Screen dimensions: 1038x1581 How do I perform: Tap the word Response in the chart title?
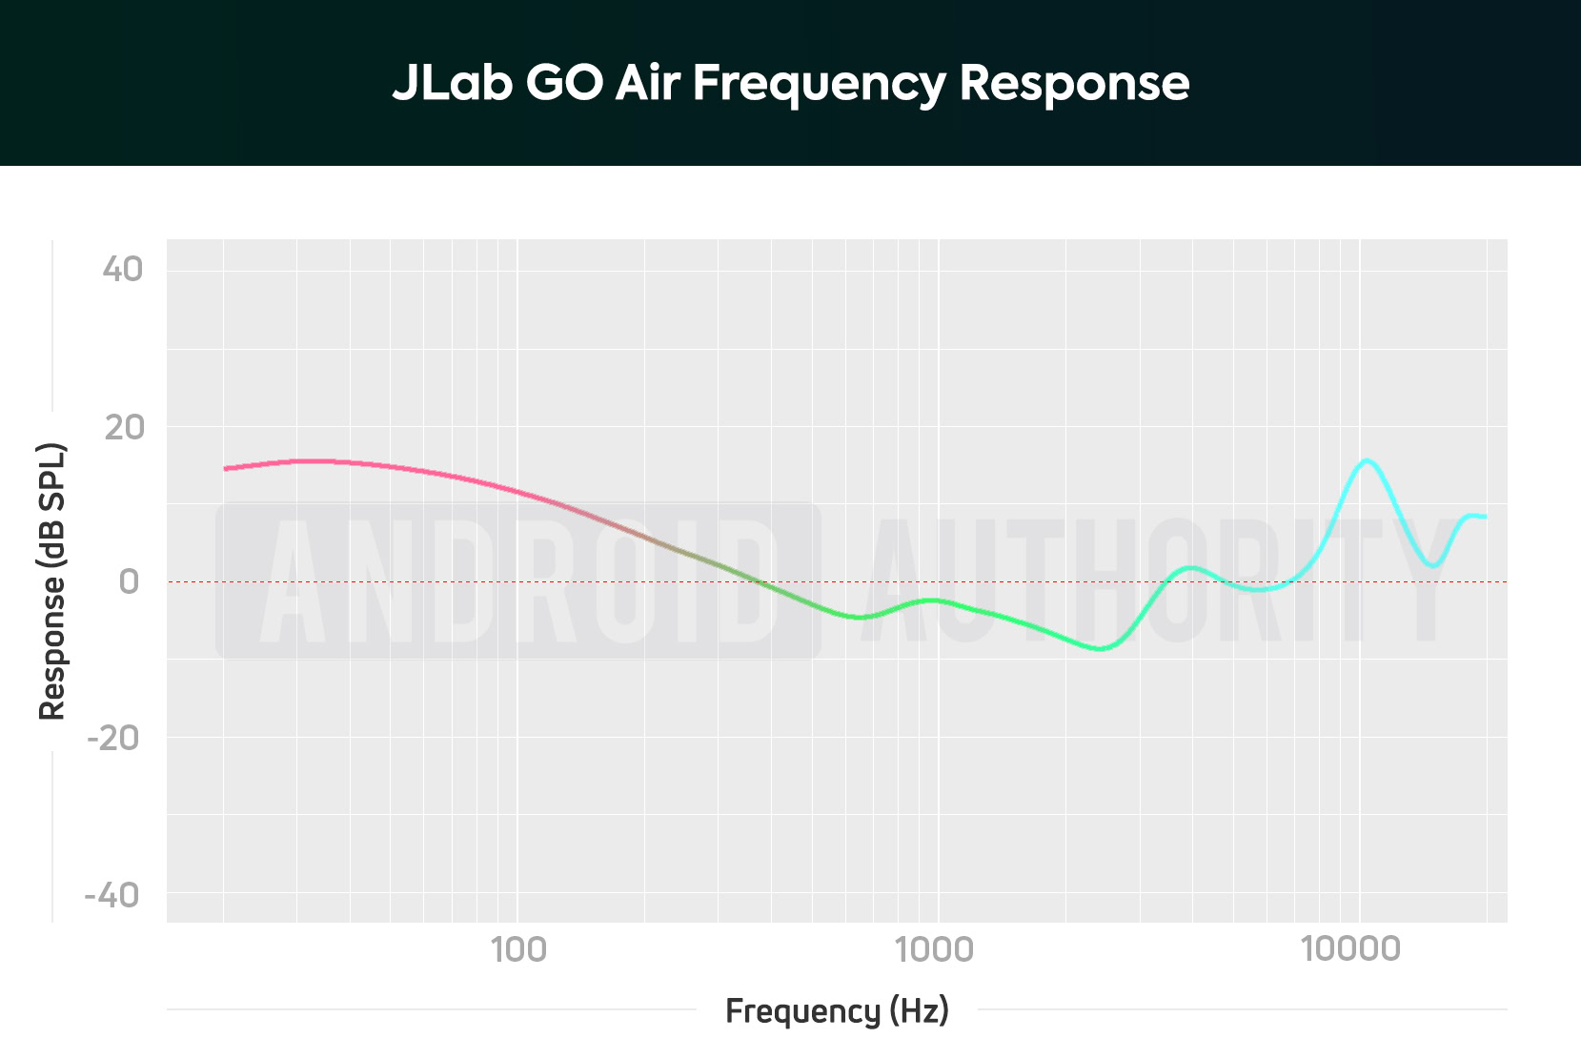pyautogui.click(x=1074, y=85)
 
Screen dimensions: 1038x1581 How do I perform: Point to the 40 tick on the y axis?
pyautogui.click(x=123, y=270)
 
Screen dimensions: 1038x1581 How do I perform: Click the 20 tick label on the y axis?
pyautogui.click(x=124, y=427)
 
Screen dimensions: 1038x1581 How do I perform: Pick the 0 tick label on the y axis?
pyautogui.click(x=129, y=581)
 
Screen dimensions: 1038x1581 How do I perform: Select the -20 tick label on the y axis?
pyautogui.click(x=113, y=738)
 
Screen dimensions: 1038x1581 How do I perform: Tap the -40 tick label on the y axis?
pyautogui.click(x=112, y=895)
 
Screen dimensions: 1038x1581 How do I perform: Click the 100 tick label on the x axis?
pyautogui.click(x=517, y=949)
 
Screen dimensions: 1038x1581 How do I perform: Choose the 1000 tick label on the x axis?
pyautogui.click(x=935, y=949)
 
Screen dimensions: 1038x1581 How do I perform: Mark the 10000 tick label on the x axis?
pyautogui.click(x=1350, y=949)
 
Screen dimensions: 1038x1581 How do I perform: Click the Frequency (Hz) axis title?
pyautogui.click(x=837, y=1010)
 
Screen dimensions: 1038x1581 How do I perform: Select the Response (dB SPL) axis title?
pyautogui.click(x=52, y=581)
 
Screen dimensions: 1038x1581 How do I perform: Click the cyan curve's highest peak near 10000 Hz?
pyautogui.click(x=1367, y=461)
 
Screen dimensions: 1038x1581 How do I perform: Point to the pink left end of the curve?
pyautogui.click(x=227, y=468)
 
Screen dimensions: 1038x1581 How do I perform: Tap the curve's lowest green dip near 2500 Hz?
pyautogui.click(x=1102, y=648)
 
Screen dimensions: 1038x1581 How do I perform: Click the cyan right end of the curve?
pyautogui.click(x=1483, y=517)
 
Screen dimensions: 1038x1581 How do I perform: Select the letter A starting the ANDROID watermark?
pyautogui.click(x=294, y=581)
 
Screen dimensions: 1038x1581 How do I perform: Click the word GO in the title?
pyautogui.click(x=564, y=83)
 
